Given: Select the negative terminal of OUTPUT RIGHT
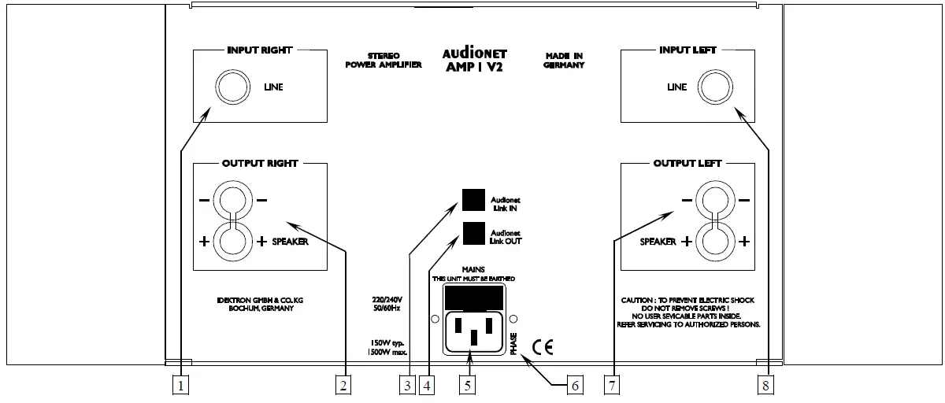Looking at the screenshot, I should (232, 199).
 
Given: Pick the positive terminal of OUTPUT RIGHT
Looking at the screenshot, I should (232, 242).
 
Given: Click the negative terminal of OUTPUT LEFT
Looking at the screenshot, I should (714, 199).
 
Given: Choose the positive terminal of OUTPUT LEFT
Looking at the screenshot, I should (714, 242).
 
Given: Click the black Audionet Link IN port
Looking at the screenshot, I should (472, 201).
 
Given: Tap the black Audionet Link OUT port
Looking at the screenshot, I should (472, 234).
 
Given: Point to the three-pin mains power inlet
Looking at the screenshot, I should (472, 331).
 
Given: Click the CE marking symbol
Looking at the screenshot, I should (543, 346).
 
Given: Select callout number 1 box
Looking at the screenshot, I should (181, 385).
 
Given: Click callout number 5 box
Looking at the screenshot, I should (468, 385).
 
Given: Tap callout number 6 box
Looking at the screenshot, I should (575, 385).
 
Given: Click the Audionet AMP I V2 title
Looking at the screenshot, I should (473, 60).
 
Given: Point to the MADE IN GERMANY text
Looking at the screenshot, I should (564, 61).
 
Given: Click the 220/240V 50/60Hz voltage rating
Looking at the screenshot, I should (387, 305).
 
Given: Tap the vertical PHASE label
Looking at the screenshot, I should (513, 344).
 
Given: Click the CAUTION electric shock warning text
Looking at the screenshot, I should (690, 312).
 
